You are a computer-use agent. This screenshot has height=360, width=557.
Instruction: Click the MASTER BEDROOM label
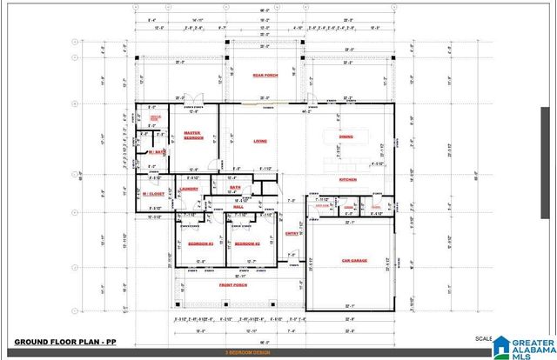pyautogui.click(x=192, y=136)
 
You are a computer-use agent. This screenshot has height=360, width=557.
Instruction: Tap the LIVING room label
pyautogui.click(x=259, y=141)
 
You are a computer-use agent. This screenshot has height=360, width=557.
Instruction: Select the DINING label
pyautogui.click(x=346, y=137)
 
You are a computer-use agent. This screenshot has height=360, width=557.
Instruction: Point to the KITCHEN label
pyautogui.click(x=348, y=179)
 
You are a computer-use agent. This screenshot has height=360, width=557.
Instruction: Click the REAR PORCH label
pyautogui.click(x=265, y=76)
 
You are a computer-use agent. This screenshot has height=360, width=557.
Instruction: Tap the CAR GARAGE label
pyautogui.click(x=353, y=260)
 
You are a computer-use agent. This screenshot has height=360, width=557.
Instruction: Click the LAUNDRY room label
pyautogui.click(x=189, y=189)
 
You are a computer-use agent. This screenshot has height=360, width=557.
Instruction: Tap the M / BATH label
pyautogui.click(x=157, y=152)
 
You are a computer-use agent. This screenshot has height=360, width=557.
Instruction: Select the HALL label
pyautogui.click(x=238, y=206)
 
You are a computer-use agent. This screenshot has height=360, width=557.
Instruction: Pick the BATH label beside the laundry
pyautogui.click(x=235, y=187)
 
